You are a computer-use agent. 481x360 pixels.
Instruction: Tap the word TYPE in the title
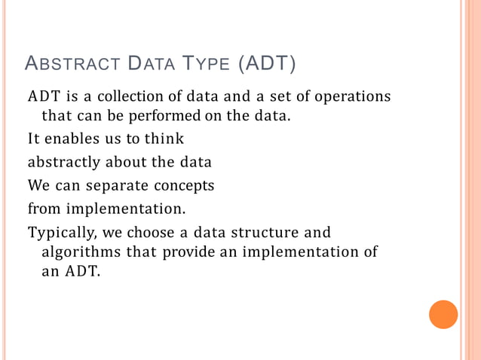click(204, 66)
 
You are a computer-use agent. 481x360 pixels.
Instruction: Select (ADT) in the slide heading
click(266, 66)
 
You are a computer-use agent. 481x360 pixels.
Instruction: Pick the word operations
click(354, 98)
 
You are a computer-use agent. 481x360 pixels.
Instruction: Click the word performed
click(162, 117)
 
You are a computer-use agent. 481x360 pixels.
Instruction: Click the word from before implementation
click(45, 207)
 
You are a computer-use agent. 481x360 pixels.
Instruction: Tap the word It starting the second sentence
click(34, 139)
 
